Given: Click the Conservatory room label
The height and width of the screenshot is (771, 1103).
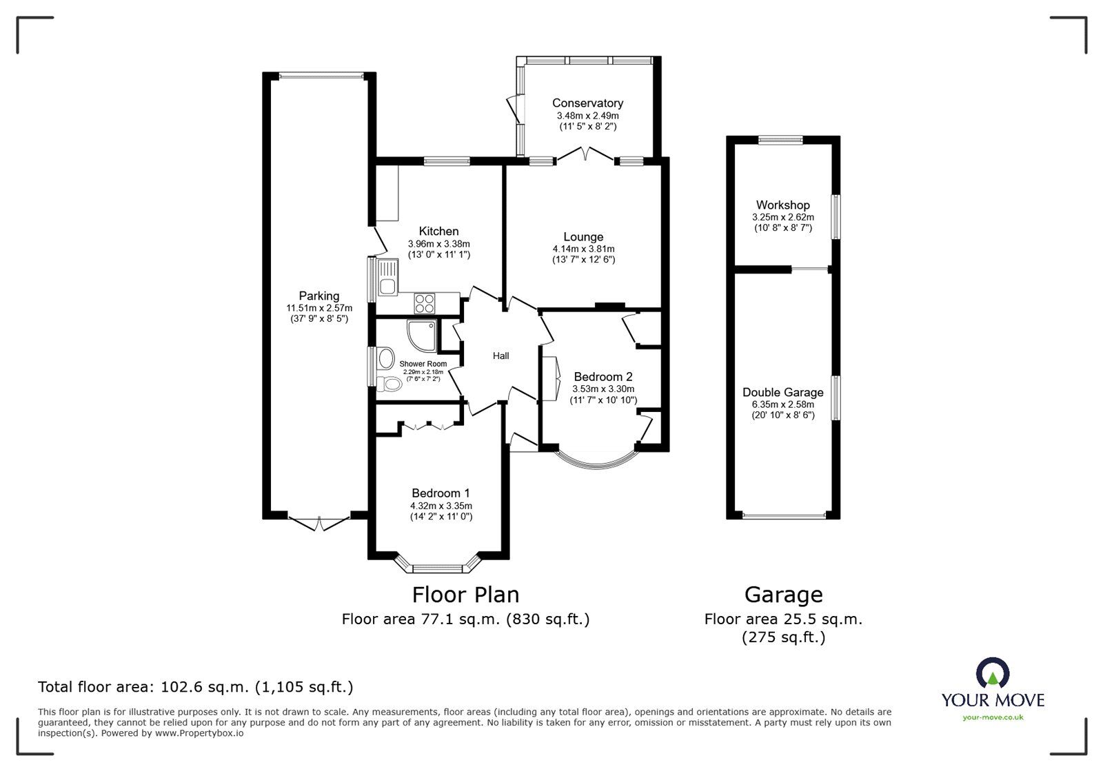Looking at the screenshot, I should pyautogui.click(x=587, y=103).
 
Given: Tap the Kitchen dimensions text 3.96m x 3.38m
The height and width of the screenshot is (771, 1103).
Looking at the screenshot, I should pyautogui.click(x=438, y=244).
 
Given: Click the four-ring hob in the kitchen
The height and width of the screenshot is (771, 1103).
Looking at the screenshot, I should pyautogui.click(x=425, y=301).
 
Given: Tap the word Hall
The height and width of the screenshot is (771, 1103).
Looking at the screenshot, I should pyautogui.click(x=500, y=356).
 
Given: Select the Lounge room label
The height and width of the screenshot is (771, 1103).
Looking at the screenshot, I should pyautogui.click(x=583, y=237).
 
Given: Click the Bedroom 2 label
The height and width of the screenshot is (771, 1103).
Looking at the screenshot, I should pyautogui.click(x=603, y=377).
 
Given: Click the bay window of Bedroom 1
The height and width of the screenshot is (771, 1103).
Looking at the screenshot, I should pyautogui.click(x=438, y=568).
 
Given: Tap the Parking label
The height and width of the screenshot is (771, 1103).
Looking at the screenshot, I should pyautogui.click(x=318, y=296).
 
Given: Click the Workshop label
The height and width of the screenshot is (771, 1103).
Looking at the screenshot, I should pyautogui.click(x=782, y=205).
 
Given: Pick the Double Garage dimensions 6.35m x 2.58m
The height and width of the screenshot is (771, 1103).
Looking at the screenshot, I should pyautogui.click(x=782, y=404).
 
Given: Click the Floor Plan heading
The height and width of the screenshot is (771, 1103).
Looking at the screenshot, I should pyautogui.click(x=465, y=594).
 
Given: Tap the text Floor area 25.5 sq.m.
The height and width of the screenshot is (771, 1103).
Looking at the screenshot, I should pyautogui.click(x=782, y=619).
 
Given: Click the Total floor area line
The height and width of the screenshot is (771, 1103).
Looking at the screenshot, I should pyautogui.click(x=195, y=686).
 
